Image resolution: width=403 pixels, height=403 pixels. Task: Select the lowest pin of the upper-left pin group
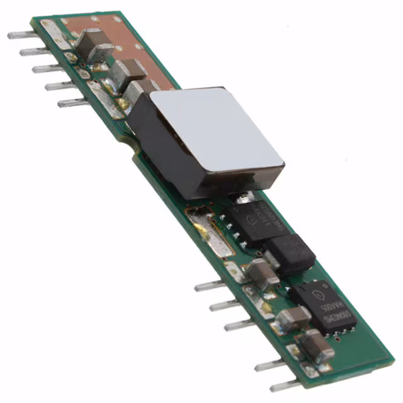(72, 102)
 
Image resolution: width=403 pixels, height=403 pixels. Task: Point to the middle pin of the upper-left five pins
(47, 68)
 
